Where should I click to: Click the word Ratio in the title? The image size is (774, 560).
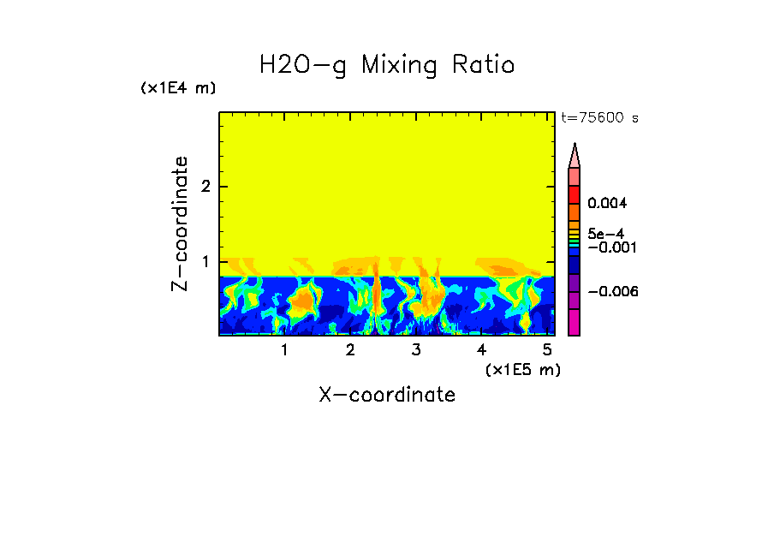click(x=478, y=65)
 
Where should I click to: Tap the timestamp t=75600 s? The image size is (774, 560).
click(x=599, y=118)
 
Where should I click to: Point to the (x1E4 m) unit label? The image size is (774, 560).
click(x=178, y=88)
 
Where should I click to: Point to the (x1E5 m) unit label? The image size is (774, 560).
click(x=522, y=369)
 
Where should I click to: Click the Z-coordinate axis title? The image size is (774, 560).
click(x=180, y=223)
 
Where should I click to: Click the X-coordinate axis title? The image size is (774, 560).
click(x=387, y=395)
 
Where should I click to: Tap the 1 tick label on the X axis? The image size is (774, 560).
click(x=284, y=350)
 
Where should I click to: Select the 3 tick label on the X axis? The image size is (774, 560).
click(x=416, y=350)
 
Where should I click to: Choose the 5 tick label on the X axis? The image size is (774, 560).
click(x=548, y=350)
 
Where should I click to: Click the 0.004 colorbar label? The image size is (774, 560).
click(x=607, y=204)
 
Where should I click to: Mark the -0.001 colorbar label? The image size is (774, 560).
click(x=610, y=247)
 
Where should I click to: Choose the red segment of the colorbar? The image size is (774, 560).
click(x=575, y=194)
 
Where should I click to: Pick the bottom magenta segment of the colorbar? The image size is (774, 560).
click(x=575, y=323)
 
